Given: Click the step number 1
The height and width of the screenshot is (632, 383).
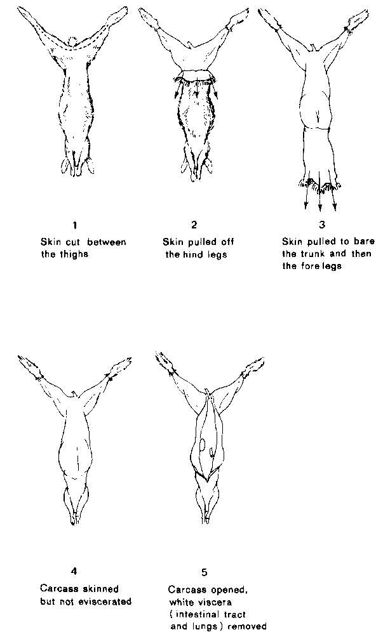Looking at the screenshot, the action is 75,225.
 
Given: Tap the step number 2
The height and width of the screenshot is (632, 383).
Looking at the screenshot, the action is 194,225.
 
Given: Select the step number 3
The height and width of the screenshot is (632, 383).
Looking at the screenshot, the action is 321,225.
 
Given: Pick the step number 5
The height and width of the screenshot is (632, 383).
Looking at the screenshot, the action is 205,572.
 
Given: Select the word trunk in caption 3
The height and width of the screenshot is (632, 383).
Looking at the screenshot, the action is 319,254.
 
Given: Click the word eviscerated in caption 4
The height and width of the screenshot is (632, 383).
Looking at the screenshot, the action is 107,602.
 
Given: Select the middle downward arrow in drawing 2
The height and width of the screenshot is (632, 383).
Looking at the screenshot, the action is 196,86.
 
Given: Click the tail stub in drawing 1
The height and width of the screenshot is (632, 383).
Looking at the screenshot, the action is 72,41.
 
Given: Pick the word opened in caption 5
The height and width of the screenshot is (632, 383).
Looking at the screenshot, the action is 230,590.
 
